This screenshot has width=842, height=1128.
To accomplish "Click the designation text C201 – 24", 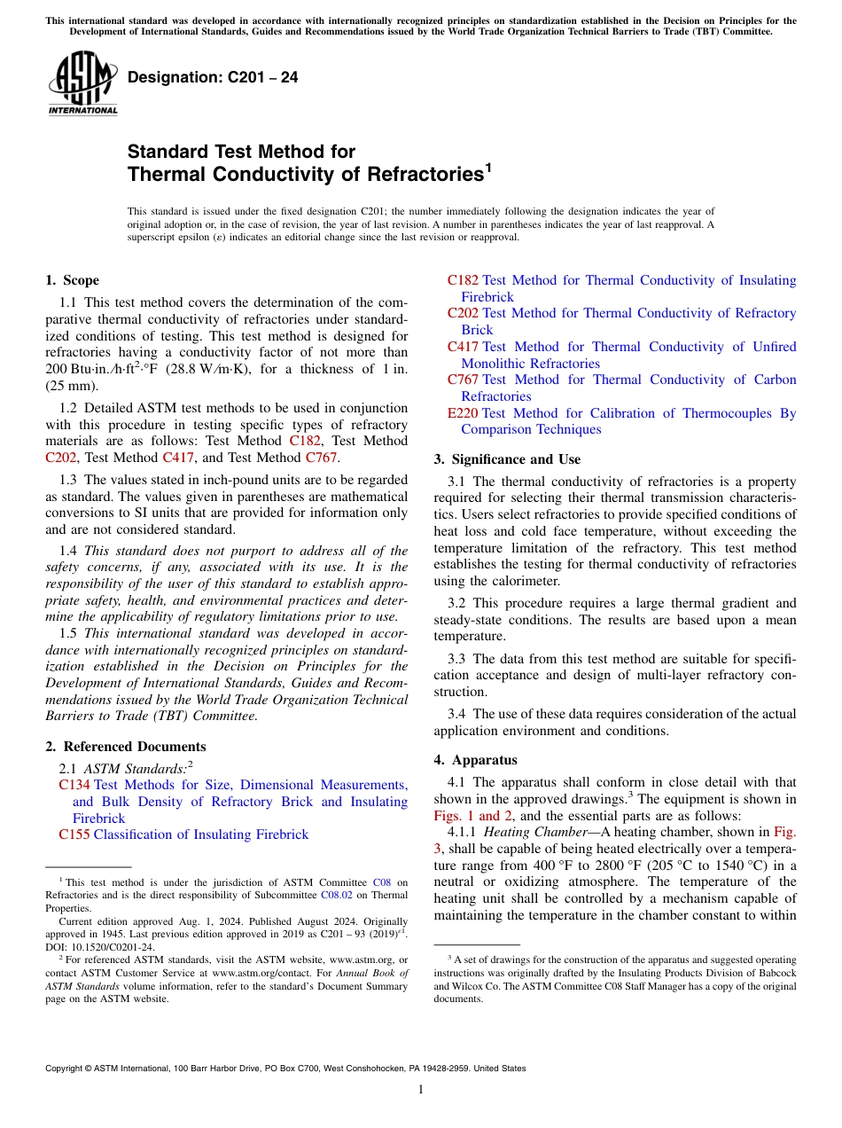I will click(x=213, y=78).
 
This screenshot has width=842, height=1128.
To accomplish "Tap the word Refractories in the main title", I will click(x=409, y=175).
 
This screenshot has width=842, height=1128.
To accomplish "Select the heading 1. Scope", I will click(x=72, y=280).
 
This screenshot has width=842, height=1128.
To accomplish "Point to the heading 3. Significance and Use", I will click(x=507, y=459).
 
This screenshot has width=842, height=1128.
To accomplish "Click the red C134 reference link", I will click(x=74, y=785).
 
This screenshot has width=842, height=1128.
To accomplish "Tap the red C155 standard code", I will click(x=74, y=834).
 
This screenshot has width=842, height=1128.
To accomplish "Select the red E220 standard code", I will click(x=463, y=413).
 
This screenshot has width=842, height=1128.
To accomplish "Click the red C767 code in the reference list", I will click(x=463, y=380).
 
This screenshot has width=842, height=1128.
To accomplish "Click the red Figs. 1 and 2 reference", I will click(x=475, y=816).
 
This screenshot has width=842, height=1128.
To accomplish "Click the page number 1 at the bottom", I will click(x=421, y=1089).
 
